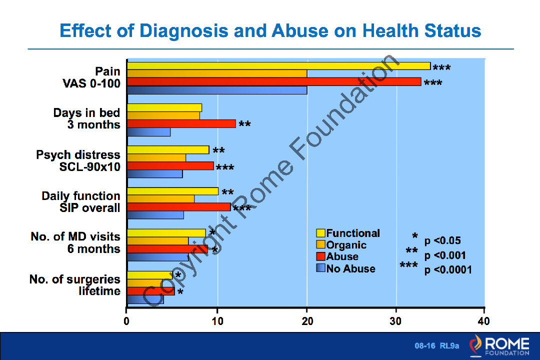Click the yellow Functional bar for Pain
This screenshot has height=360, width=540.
tap(278, 66)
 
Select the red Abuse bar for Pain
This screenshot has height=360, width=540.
tap(274, 82)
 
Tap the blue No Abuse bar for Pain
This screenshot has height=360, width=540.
tap(217, 90)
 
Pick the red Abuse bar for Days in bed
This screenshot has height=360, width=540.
tap(181, 124)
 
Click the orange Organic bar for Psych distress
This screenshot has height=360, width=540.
tap(156, 158)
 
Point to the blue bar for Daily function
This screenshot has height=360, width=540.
tap(155, 215)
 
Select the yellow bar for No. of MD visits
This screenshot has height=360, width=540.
tap(166, 233)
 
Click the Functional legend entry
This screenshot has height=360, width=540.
tap(348, 233)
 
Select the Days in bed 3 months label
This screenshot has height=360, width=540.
tap(86, 118)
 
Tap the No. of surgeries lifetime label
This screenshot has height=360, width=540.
tap(75, 285)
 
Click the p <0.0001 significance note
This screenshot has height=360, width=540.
tap(448, 270)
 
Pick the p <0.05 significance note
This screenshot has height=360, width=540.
tap(442, 240)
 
